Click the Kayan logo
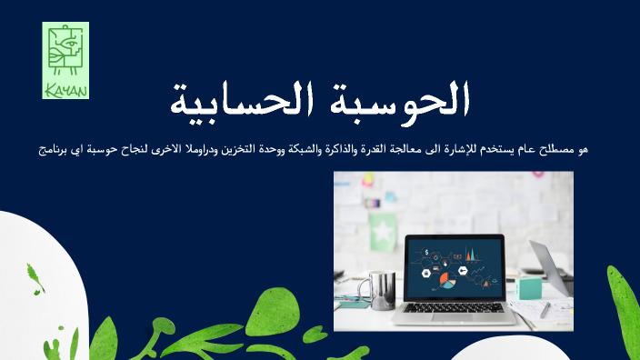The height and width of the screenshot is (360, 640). (x=65, y=60)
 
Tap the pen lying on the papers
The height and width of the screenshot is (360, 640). (x=546, y=309)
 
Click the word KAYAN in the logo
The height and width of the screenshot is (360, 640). (x=65, y=89)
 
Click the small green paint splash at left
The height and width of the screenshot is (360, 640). (x=35, y=276)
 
